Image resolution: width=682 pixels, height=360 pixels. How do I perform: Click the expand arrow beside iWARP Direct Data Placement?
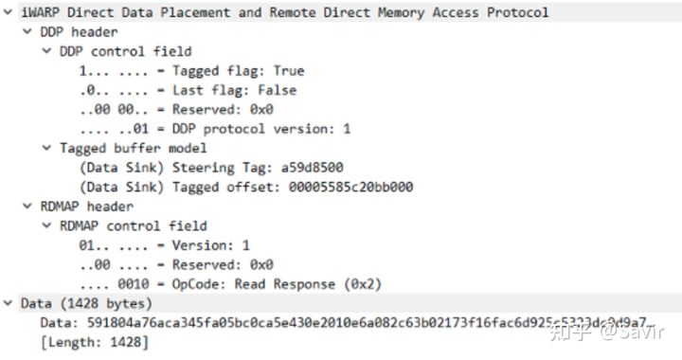point(9,12)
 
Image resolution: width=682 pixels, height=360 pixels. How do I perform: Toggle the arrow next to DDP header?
point(27,32)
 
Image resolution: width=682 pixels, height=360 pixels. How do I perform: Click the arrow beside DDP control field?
point(45,51)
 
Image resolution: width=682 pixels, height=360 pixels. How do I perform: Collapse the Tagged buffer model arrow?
point(45,148)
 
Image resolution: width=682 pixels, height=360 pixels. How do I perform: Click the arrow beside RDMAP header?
point(27,207)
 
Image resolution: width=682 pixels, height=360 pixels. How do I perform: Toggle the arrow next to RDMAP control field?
point(45,225)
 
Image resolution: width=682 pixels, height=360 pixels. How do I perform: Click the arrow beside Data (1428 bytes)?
point(9,303)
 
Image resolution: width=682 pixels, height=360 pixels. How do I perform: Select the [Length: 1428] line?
point(94,342)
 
